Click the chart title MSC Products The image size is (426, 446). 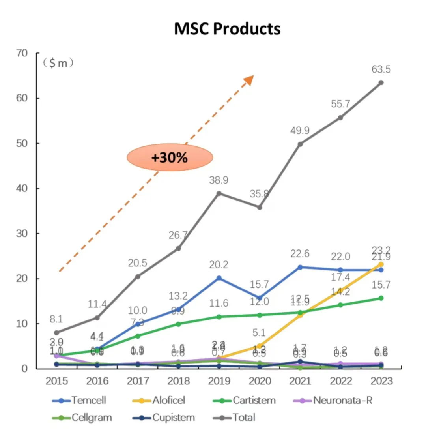point(227,29)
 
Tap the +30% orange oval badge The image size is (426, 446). point(170,157)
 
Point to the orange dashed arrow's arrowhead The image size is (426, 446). point(248,79)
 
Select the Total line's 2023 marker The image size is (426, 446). point(381,82)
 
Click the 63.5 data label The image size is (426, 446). point(381,69)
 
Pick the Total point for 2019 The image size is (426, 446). point(219,193)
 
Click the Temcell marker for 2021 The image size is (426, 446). point(300,267)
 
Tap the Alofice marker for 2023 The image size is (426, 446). point(381,264)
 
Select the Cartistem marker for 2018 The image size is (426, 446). point(178,324)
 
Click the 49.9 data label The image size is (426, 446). point(300,130)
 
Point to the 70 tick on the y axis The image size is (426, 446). point(22,53)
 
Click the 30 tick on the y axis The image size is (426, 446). point(22,234)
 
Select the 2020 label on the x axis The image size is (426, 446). point(260,381)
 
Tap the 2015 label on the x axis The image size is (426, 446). point(56,381)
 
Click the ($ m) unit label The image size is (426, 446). point(59,63)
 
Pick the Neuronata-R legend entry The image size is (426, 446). point(333,401)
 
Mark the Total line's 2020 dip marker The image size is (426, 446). point(260,207)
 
